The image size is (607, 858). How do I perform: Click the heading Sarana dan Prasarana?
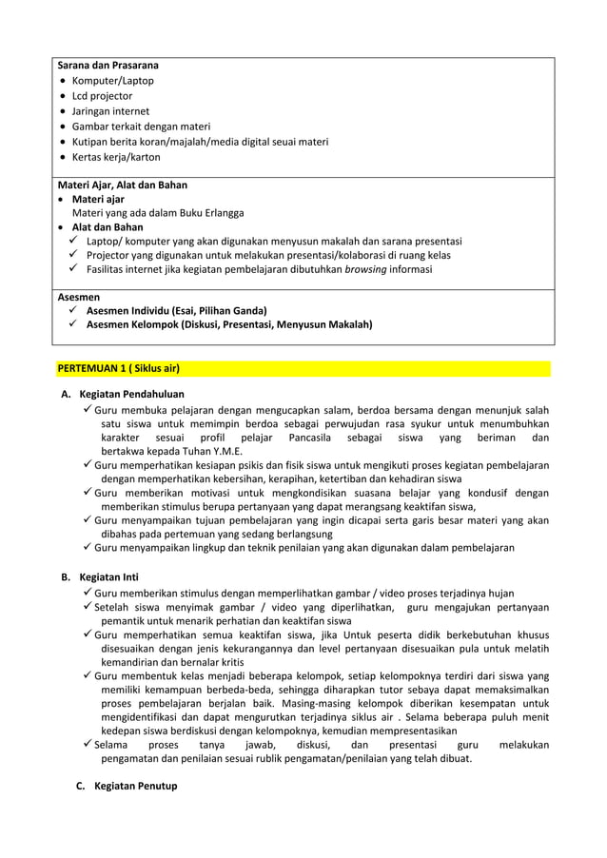[x=108, y=66]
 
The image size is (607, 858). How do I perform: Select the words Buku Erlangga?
[x=210, y=213]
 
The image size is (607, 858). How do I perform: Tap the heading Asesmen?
[x=79, y=297]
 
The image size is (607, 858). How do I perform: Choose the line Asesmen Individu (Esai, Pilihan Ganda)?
[x=176, y=311]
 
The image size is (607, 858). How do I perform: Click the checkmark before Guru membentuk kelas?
[x=87, y=674]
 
